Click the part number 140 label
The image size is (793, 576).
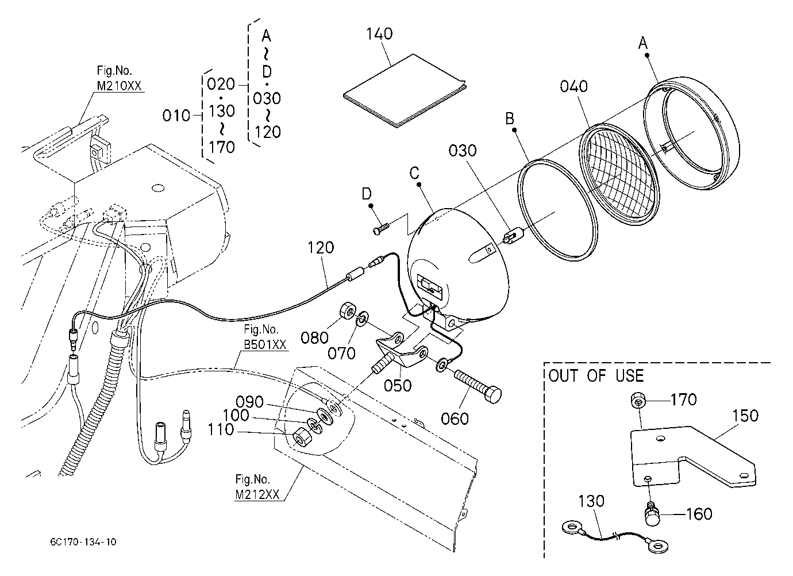coord(379,34)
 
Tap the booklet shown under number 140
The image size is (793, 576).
coord(405,91)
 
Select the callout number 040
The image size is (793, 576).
coord(573,86)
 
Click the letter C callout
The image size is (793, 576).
coord(414,173)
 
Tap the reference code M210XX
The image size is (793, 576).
coord(119,86)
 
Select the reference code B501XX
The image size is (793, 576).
coord(265,345)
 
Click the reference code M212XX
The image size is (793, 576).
coord(257,494)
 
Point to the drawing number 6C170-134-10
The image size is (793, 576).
coord(83,542)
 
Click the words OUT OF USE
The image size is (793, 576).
coord(596,376)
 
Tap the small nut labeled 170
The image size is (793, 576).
coord(637,401)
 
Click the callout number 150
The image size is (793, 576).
coord(745,416)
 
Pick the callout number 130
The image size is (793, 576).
coord(591,501)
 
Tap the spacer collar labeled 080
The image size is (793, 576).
coord(347,312)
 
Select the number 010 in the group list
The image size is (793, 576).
coord(176,116)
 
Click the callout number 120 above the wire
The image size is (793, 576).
coord(321,248)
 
